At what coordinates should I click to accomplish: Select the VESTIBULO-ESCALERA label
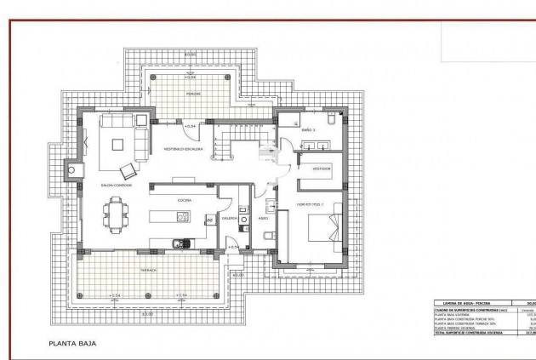click(x=181, y=148)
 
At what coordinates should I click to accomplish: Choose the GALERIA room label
click(x=229, y=218)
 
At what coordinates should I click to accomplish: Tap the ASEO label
click(x=265, y=218)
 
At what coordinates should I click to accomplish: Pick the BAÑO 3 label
click(x=308, y=129)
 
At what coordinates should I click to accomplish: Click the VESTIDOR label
click(x=321, y=169)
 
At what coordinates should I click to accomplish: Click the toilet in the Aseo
click(x=268, y=235)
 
